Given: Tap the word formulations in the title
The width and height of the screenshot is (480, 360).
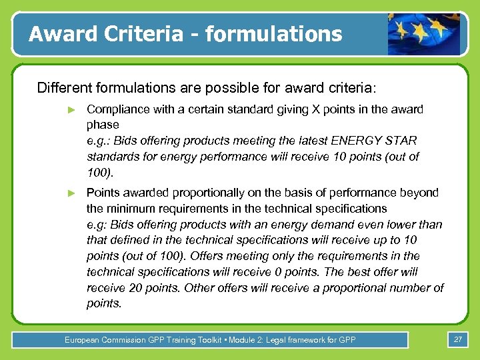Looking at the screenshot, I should [x=274, y=33].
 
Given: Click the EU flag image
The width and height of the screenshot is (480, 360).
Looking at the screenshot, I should [x=423, y=33].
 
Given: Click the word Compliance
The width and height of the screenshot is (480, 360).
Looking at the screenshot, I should [x=117, y=109].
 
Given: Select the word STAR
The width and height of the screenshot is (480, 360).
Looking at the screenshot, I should [x=401, y=141].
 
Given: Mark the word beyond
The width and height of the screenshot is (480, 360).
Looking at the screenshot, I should [x=419, y=193].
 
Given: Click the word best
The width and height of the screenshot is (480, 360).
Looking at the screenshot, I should [x=369, y=272].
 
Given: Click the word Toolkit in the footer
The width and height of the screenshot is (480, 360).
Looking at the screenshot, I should [x=209, y=340].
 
